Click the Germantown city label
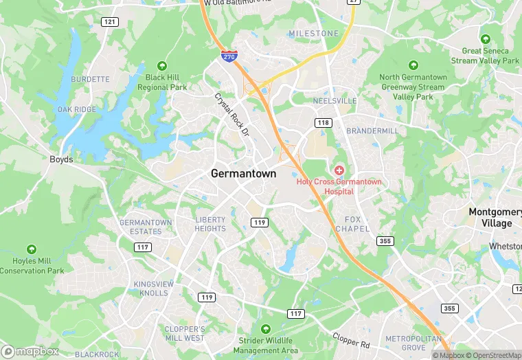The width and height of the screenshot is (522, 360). tap(243, 174)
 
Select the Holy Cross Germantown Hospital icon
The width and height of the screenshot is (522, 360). tap(339, 169)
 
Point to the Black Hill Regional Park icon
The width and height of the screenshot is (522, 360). tap(162, 66)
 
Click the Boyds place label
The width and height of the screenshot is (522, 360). tap(61, 159)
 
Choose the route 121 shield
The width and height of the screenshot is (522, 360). tap(109, 22)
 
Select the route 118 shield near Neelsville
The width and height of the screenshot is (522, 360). tap(323, 122)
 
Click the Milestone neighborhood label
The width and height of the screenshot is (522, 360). tap(313, 34)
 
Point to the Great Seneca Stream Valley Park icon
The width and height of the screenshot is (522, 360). tap(486, 39)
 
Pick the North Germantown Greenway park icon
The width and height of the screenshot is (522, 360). tap(413, 65)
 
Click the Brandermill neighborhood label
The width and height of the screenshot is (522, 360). tap(372, 131)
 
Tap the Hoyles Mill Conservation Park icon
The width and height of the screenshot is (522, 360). tap(32, 249)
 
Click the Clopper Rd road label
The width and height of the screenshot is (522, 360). tap(351, 339)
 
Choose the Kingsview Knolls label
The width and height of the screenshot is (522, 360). tap(150, 289)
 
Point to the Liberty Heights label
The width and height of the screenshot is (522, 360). tap(210, 224)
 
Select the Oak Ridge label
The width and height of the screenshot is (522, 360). tap(76, 110)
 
